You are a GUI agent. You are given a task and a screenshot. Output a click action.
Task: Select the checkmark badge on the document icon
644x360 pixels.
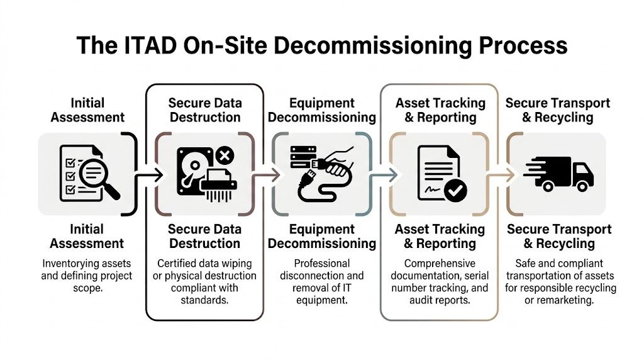455,189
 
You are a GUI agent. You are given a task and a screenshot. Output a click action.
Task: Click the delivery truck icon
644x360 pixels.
558,172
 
